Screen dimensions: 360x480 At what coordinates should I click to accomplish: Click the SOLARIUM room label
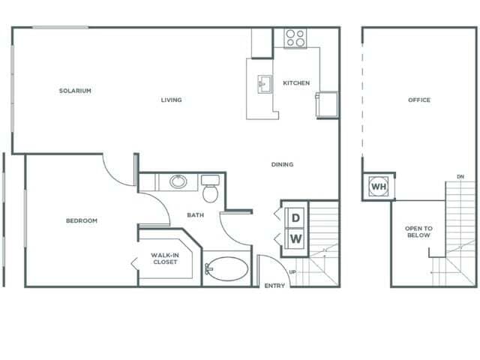75,91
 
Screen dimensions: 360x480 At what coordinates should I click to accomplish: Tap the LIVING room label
171,100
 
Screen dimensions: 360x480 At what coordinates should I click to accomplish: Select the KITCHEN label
296,83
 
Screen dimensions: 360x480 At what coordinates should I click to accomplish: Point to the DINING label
283,164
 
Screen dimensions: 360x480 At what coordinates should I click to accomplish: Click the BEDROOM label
82,220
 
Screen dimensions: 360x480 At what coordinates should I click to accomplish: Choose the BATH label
195,215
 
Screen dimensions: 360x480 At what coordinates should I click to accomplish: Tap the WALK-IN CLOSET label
164,259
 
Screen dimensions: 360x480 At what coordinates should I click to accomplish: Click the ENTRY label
274,286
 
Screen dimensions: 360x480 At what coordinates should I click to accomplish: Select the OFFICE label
419,100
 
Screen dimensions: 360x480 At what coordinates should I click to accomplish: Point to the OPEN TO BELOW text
418,232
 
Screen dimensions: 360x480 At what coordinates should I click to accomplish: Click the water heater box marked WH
379,186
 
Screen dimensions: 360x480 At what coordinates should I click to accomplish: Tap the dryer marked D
295,217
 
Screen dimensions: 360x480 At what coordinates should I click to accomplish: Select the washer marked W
295,239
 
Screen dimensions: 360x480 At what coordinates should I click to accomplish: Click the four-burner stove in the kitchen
295,37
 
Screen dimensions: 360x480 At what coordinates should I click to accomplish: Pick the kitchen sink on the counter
265,82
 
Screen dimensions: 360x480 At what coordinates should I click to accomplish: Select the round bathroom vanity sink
178,181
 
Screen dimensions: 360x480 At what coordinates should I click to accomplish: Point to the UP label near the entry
292,271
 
